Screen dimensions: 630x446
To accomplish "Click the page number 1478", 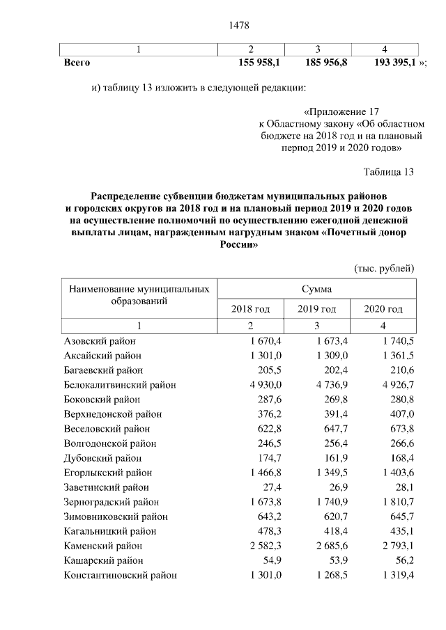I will tap(239, 26).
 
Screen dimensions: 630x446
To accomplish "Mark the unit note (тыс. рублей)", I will tap(384, 268).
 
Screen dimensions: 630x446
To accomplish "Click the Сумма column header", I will tap(316, 288).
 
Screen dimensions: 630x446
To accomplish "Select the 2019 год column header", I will tap(316, 309).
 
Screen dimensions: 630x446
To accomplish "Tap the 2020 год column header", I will tap(383, 309).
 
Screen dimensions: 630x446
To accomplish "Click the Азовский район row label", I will tap(100, 341).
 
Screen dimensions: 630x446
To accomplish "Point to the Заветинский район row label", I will tap(106, 487).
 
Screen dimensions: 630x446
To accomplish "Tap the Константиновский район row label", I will tap(120, 575).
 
